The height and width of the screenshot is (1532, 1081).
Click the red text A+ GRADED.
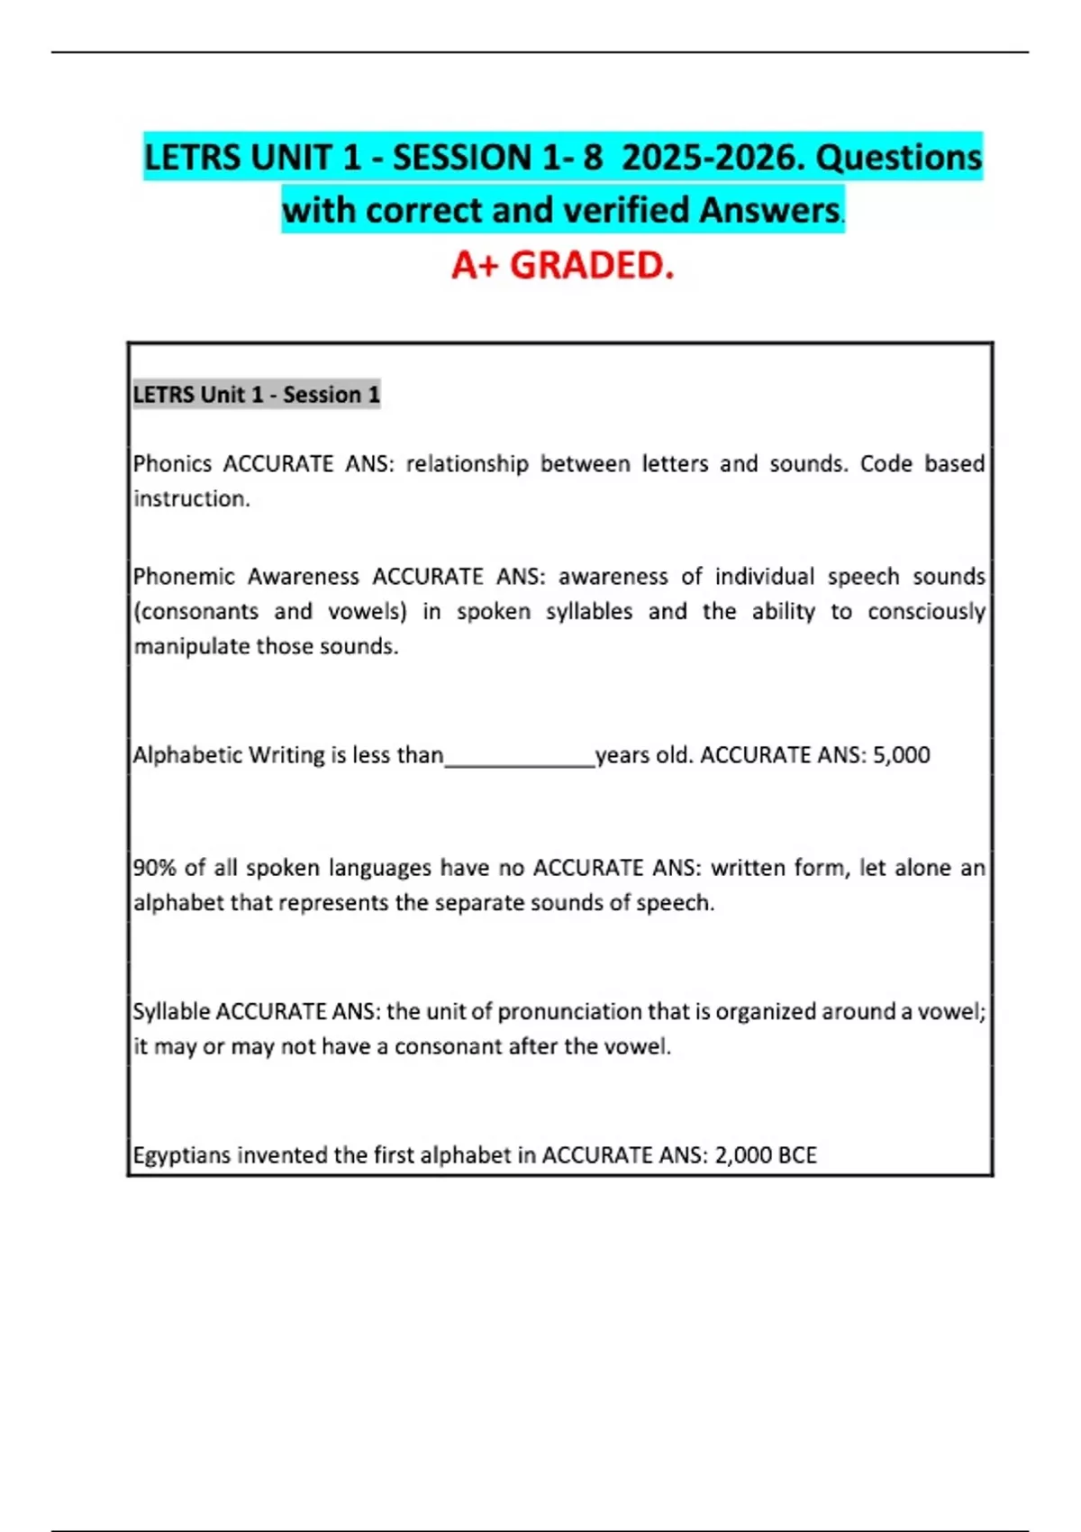(x=562, y=265)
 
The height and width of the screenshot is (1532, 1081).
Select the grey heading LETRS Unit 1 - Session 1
(x=257, y=395)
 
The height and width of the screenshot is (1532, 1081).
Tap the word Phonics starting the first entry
(x=172, y=464)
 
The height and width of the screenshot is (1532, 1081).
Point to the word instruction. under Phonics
(x=191, y=499)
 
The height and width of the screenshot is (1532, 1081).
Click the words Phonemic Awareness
(x=247, y=577)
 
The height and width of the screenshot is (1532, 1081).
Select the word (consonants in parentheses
(x=195, y=612)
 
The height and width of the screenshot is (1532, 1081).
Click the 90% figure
(x=154, y=868)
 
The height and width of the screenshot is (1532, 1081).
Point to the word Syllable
(x=171, y=1012)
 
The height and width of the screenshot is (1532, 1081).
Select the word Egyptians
(x=181, y=1155)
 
